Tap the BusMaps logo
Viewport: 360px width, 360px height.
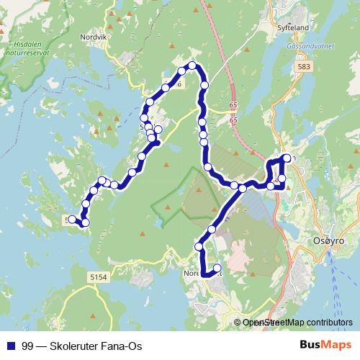pos(325,346)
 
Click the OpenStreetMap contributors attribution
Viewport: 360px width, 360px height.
pos(297,323)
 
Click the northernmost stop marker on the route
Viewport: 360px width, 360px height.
pos(192,66)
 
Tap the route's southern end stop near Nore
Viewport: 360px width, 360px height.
pos(217,269)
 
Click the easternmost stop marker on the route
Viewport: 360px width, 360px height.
pos(287,158)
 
